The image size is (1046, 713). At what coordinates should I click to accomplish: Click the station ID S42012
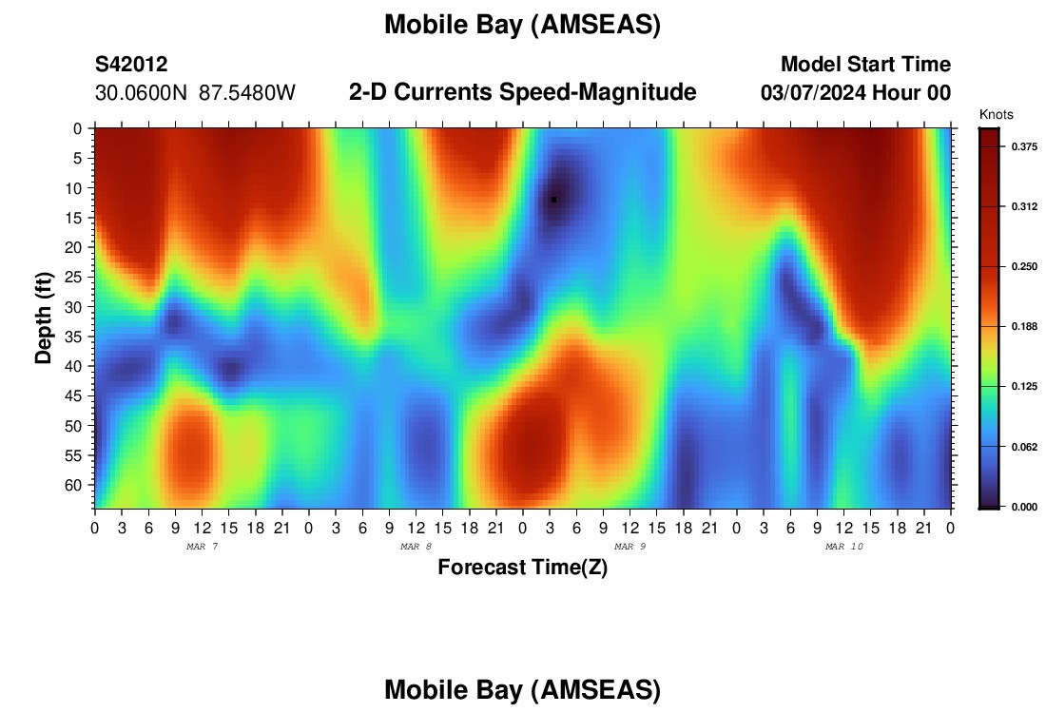[131, 64]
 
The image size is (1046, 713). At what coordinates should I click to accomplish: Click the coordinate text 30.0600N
[142, 93]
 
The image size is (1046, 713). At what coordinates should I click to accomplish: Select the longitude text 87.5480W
[247, 93]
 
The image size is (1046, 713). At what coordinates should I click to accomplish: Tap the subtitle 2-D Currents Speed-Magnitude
[522, 92]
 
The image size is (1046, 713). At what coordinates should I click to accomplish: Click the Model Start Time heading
[866, 64]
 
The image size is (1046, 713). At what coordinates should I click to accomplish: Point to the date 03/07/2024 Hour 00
[856, 93]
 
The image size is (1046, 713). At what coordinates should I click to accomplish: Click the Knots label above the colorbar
[996, 115]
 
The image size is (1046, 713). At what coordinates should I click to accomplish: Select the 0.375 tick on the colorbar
[1024, 146]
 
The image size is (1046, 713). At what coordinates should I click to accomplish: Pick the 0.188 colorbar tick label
[1024, 327]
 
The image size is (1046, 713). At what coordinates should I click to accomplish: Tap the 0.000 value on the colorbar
[1024, 507]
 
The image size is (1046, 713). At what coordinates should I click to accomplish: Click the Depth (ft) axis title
[44, 318]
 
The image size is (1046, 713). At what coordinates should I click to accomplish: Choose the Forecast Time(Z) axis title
[522, 567]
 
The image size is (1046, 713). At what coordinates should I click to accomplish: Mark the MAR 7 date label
[203, 547]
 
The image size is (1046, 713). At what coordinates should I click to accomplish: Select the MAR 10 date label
[843, 547]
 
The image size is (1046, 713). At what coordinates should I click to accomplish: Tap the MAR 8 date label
[416, 547]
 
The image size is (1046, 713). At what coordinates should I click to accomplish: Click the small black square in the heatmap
[553, 200]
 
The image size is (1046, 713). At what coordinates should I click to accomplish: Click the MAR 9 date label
[630, 547]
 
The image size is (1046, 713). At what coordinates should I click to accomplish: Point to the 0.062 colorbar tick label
[1024, 447]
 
